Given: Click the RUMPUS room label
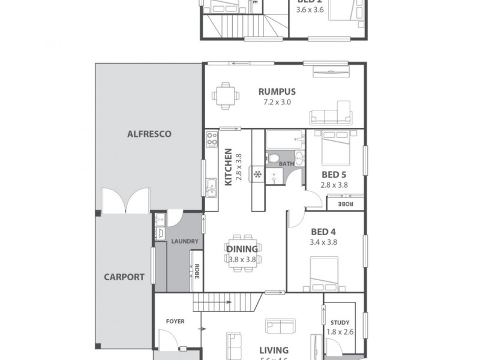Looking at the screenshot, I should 277,92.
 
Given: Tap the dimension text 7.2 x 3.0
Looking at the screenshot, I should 277,102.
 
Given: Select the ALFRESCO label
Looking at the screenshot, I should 149,134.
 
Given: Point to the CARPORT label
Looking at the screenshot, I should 124,277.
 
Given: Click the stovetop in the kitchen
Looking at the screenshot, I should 211,140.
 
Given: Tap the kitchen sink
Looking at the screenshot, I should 211,187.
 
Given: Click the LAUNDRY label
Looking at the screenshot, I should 184,241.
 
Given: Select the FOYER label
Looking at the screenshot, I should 175,321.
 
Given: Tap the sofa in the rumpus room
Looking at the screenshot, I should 329,113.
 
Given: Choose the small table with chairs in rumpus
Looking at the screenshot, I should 226,95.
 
